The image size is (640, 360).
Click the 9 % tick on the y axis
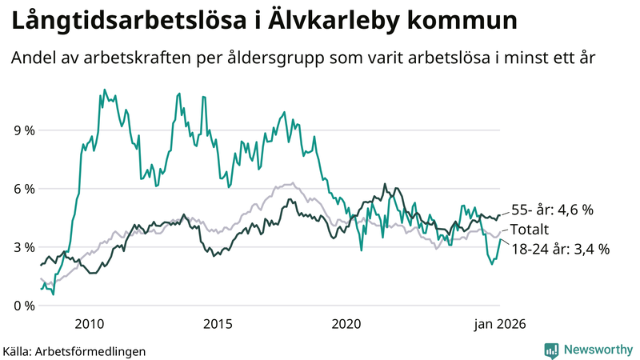tap(22, 130)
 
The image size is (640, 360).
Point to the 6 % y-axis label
tap(22, 189)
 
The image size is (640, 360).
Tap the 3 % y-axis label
tap(22, 247)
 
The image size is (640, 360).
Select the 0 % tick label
tap(22, 306)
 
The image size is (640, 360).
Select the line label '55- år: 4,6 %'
tap(552, 210)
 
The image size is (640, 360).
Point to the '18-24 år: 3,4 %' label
tap(560, 249)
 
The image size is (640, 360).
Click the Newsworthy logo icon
tap(552, 350)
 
